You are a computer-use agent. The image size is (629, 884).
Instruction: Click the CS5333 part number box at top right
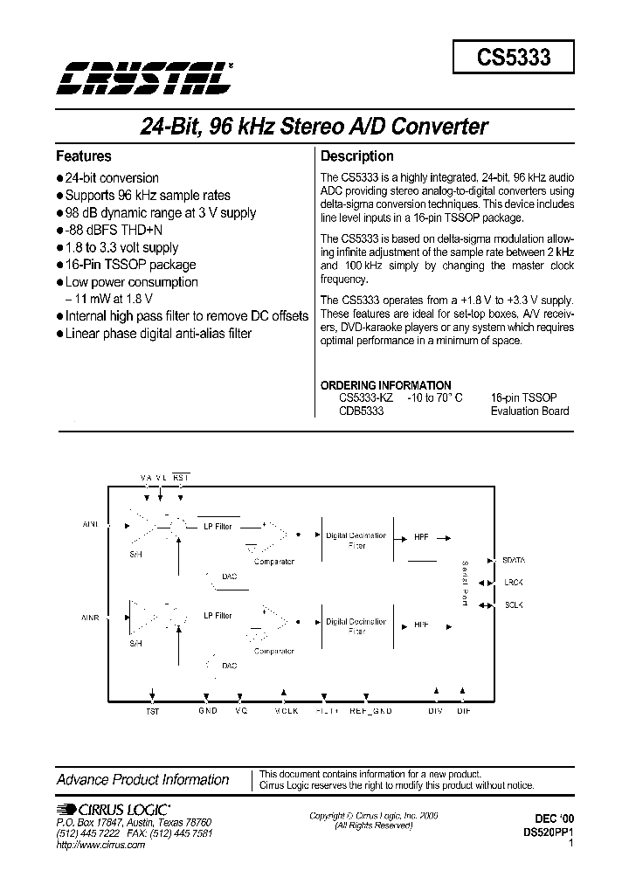(513, 57)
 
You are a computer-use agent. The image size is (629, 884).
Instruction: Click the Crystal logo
(144, 79)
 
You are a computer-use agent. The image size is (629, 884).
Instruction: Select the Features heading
(84, 156)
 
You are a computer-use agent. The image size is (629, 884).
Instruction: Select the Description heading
(357, 156)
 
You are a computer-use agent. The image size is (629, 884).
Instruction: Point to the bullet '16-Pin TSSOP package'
(130, 265)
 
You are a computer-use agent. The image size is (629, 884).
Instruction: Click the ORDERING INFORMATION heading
(386, 385)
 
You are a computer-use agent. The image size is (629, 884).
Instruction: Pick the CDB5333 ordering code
(360, 411)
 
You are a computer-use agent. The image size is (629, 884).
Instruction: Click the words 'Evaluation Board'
(529, 411)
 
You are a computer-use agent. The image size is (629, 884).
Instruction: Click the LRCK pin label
(514, 581)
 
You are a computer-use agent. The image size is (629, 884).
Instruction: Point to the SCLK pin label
(514, 604)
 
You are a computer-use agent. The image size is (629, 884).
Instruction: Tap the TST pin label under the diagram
(153, 711)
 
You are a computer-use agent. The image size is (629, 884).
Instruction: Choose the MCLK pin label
(286, 711)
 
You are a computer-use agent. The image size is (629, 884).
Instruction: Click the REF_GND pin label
(370, 711)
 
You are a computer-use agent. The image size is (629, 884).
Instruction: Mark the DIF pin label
(464, 711)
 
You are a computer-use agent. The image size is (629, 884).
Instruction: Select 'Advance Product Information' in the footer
(142, 780)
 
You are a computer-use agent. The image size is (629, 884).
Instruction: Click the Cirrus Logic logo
(114, 808)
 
